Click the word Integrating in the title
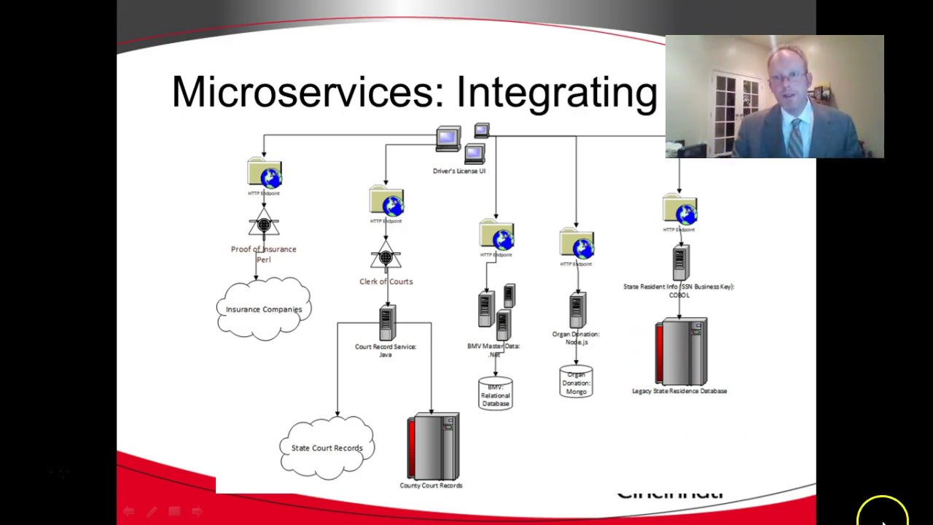coord(556,93)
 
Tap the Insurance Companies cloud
coord(264,309)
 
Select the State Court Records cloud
coord(327,448)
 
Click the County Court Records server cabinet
coord(433,446)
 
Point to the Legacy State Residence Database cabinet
coord(680,351)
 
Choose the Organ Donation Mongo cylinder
coord(576,382)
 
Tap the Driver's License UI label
coord(458,171)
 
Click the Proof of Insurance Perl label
coord(263,254)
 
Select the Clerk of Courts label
coord(386,281)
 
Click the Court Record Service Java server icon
coord(386,323)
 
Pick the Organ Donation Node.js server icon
coord(577,311)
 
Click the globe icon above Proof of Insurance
coord(269,177)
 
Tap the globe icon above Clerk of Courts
coord(391,205)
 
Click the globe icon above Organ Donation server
coord(581,248)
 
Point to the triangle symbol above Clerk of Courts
coord(386,257)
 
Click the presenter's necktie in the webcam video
coord(795,136)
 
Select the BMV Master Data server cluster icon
coord(496,309)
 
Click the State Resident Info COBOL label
coord(679,291)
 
